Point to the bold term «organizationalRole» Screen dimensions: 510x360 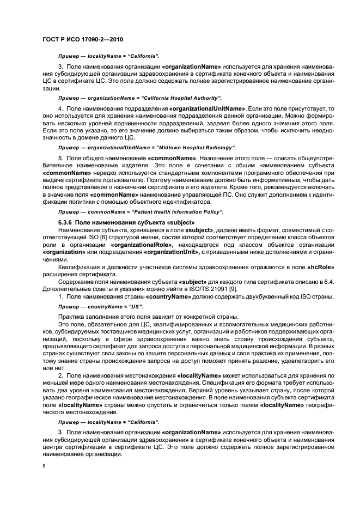coord(140,245)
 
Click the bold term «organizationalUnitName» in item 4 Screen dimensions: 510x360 coord(208,109)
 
